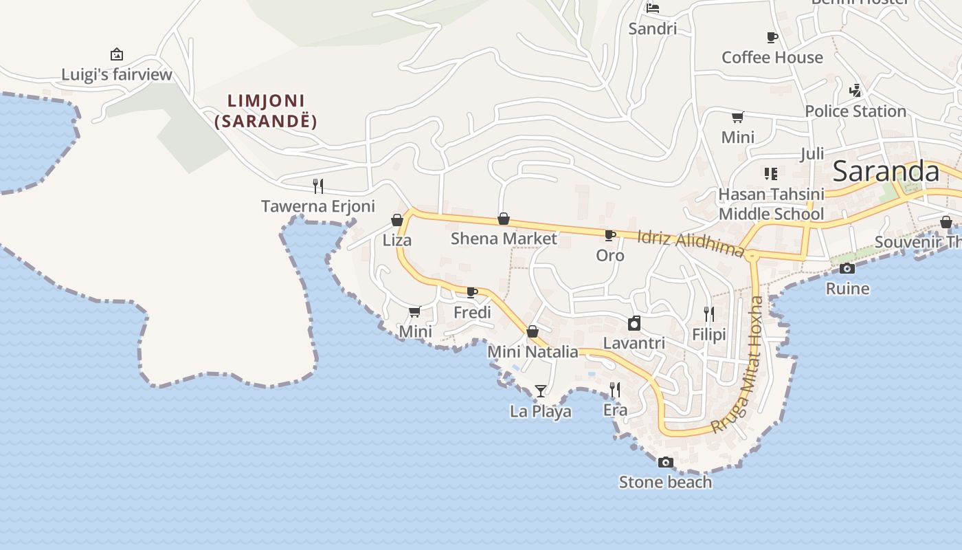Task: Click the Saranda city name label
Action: tap(886, 172)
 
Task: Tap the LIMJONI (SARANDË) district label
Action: tap(266, 111)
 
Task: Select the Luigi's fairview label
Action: tap(117, 74)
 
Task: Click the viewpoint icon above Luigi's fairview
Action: tap(117, 54)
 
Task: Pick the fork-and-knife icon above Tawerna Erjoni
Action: tap(318, 186)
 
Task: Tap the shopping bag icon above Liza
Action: tap(397, 220)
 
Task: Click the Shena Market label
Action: tap(504, 239)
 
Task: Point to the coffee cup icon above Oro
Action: tap(609, 236)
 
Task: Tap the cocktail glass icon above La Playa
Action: tap(541, 391)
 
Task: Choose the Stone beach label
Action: tap(665, 482)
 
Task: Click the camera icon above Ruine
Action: tap(847, 268)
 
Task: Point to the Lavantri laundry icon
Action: tap(634, 323)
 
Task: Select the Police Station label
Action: tap(855, 111)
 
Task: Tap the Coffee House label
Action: tap(772, 58)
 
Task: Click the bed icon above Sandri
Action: tap(653, 8)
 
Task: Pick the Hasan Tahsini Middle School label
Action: tap(771, 204)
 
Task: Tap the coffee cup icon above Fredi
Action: tap(472, 292)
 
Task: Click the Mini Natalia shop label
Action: tap(533, 352)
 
